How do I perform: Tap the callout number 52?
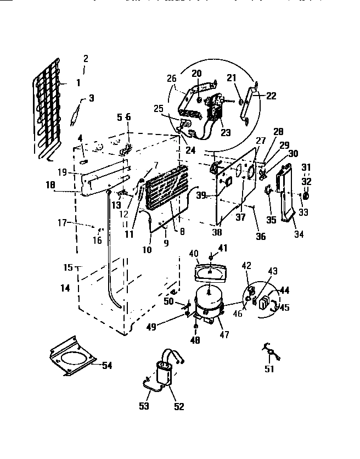click(x=178, y=407)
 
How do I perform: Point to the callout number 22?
click(x=271, y=95)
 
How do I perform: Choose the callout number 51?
click(x=269, y=369)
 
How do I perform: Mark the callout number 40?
click(x=193, y=253)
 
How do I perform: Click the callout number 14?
click(x=65, y=287)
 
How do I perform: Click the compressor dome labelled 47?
click(x=207, y=301)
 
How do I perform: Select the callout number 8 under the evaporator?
click(x=182, y=231)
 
